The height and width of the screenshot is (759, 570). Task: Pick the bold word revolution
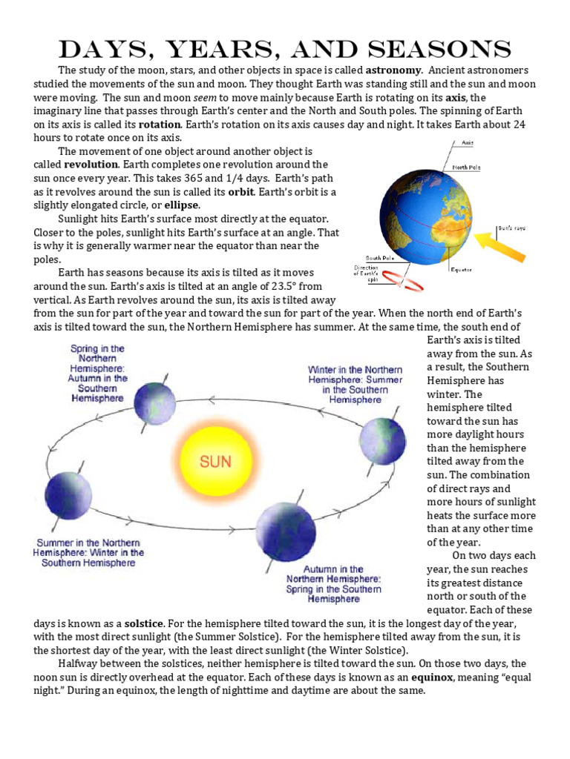click(91, 165)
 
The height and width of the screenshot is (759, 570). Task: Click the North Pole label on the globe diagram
click(466, 168)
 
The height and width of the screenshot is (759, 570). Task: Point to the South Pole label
click(379, 259)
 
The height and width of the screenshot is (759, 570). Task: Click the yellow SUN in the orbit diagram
click(215, 460)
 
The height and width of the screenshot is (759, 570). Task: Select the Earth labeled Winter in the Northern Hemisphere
click(383, 441)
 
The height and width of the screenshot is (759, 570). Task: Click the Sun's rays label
click(511, 228)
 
